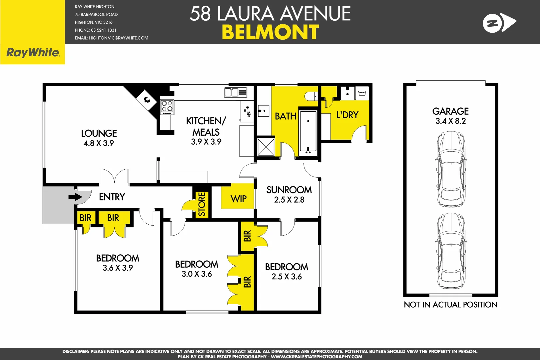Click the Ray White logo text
coord(33,53)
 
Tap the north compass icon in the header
coord(499,23)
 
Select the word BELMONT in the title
coord(270,32)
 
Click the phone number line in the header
coord(95,30)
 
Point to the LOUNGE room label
coord(99,133)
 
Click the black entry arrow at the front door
coord(75,197)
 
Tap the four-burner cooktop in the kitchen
coord(167,106)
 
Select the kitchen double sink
coord(235,92)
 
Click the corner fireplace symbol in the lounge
coord(147,99)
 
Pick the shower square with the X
coord(266,147)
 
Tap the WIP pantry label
coord(239,199)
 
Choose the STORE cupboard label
coord(202,204)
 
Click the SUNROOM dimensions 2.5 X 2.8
coord(289,200)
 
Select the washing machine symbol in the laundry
coord(362,93)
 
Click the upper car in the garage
coord(451,169)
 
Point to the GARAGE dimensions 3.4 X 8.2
coord(450,121)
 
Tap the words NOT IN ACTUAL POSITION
coord(450,305)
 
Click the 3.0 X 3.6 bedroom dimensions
coord(197,274)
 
